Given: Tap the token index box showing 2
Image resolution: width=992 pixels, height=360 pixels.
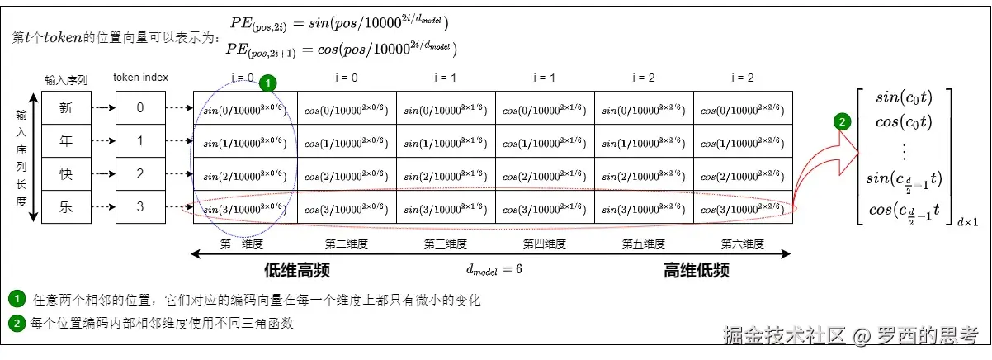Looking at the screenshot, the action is pos(139,174).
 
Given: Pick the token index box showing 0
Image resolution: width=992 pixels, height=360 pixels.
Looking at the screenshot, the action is pos(139,107).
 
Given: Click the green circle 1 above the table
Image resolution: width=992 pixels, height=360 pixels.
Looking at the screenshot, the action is pos(267,83).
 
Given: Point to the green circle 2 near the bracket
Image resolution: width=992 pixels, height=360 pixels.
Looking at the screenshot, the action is pos(842,122).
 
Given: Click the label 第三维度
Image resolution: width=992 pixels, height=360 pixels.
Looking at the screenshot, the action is pos(446,244).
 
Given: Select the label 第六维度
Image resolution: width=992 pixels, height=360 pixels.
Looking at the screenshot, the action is pos(743,244).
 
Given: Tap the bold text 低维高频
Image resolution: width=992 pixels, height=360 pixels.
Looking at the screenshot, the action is pos(297,270).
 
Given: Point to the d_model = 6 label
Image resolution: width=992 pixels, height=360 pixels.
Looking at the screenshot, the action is pos(494,270).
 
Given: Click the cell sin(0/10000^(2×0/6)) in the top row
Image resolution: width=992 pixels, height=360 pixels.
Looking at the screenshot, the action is pos(244,108).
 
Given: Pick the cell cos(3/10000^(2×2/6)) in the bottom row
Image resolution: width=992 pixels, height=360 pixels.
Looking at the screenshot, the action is pos(742,208).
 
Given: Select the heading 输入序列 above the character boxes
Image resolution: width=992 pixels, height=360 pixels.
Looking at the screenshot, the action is pos(65,79).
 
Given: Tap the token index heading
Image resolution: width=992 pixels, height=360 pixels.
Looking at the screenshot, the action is pos(140,78).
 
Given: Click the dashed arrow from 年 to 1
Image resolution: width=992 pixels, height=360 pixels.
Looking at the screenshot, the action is pos(102,141).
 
